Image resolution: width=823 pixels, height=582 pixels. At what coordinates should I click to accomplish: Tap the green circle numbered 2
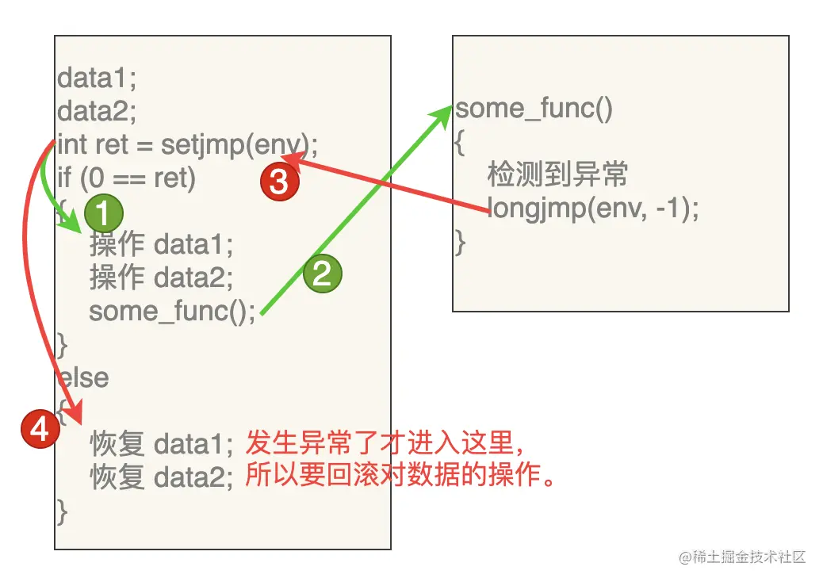(322, 274)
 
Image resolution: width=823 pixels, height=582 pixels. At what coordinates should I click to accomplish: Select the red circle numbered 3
(279, 182)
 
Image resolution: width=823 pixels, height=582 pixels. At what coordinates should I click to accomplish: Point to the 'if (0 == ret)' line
(126, 178)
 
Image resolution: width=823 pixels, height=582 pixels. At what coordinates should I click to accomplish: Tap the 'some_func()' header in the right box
(534, 109)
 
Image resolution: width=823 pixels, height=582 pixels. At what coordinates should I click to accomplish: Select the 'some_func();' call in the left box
(172, 311)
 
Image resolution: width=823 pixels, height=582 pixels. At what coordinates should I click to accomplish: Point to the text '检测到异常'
(557, 174)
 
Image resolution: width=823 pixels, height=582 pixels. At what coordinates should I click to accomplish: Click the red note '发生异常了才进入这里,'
(385, 441)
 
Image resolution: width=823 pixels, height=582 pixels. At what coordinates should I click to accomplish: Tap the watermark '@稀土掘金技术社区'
(742, 557)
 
